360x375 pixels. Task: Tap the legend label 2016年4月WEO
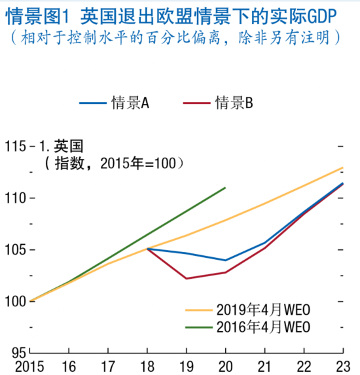262,326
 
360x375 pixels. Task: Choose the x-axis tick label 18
148,366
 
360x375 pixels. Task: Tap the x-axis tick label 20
226,366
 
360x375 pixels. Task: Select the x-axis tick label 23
342,366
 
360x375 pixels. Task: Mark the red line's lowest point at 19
187,279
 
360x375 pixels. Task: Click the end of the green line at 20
226,187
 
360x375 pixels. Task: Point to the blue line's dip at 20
226,260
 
